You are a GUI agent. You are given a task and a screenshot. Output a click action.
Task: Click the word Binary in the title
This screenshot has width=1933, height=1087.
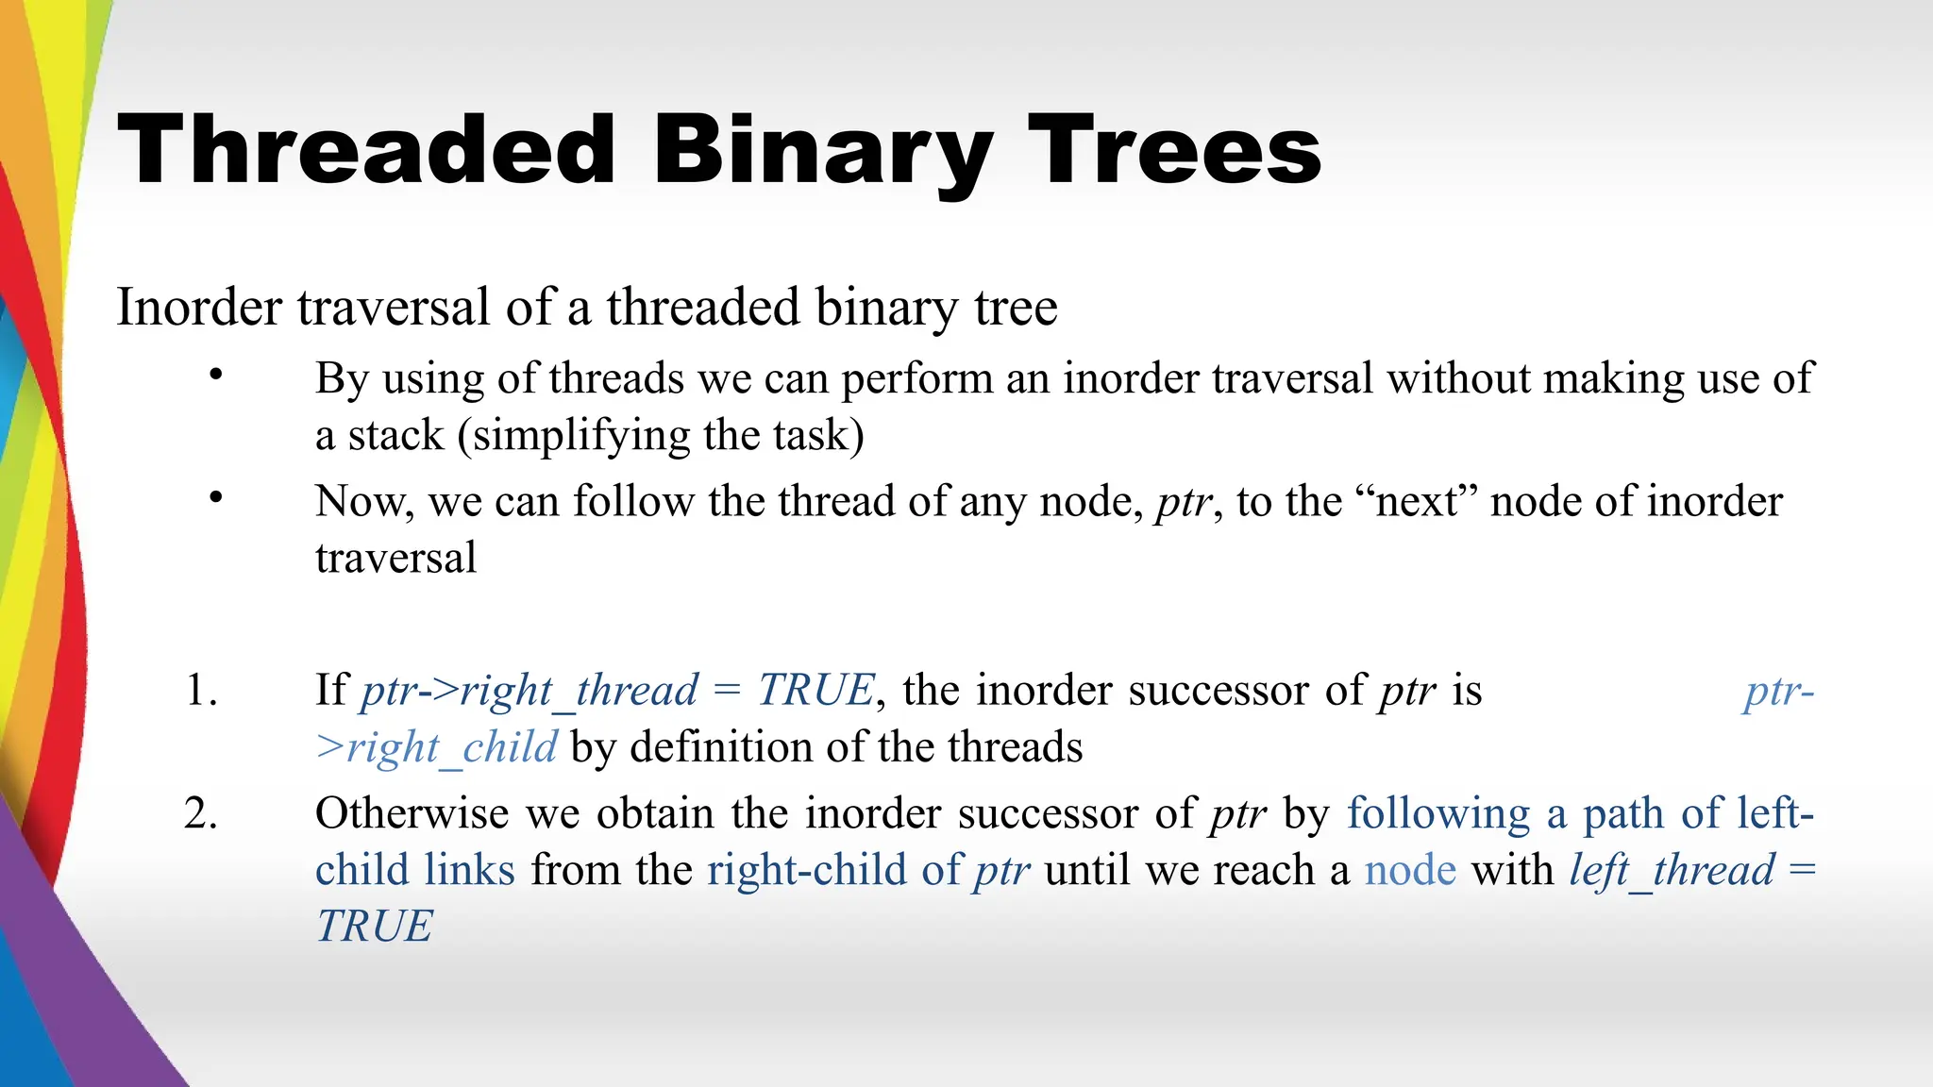point(821,151)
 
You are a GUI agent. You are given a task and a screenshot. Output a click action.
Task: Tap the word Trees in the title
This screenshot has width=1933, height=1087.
point(1174,151)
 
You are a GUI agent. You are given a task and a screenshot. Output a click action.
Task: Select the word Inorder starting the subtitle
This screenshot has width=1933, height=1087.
point(199,308)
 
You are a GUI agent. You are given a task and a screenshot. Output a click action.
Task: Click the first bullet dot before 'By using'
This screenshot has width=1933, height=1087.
point(216,375)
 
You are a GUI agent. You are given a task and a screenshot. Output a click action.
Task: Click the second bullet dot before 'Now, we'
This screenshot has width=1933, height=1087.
point(216,496)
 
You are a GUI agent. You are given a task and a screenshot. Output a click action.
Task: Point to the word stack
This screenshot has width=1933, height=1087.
point(395,436)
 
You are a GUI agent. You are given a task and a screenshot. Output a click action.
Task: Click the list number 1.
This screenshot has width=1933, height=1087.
point(201,690)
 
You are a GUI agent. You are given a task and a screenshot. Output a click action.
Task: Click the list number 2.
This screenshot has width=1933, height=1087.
point(201,813)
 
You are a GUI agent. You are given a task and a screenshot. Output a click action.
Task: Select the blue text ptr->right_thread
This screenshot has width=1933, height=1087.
point(529,691)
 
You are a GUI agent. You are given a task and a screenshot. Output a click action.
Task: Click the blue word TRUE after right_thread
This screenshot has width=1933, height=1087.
point(816,691)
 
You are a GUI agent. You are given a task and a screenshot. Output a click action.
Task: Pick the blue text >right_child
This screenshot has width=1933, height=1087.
point(436,747)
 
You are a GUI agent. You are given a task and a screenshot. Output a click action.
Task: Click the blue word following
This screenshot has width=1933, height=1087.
point(1437,813)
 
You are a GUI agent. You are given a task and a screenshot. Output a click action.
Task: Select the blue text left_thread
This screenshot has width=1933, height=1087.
point(1672,870)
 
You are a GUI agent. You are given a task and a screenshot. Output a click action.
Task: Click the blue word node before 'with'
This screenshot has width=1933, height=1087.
point(1410,870)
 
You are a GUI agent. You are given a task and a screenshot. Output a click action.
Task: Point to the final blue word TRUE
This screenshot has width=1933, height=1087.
point(375,927)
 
